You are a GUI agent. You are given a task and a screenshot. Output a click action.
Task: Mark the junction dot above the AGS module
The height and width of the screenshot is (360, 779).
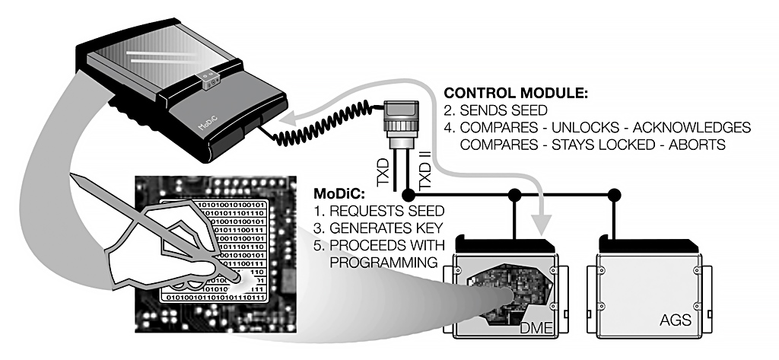[x=615, y=196]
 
